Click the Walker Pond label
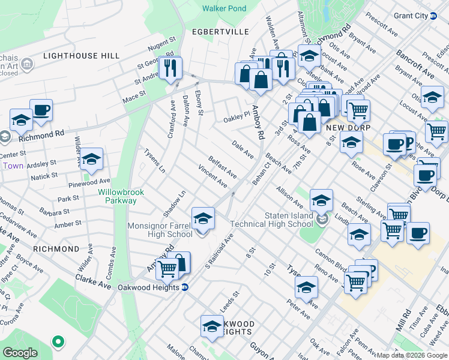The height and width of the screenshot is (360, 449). click(224, 8)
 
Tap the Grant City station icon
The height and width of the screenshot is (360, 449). click(433, 16)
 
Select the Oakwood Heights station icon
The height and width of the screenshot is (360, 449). click(185, 287)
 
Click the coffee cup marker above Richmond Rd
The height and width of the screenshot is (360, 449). click(41, 111)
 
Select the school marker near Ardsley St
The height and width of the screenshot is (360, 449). click(91, 160)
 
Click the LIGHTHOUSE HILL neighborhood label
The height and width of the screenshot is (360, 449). click(82, 56)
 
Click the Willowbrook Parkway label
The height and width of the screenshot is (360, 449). click(118, 197)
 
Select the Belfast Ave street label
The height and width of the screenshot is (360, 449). click(222, 167)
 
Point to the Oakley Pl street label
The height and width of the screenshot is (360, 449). click(236, 115)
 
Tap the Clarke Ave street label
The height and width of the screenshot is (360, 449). click(93, 282)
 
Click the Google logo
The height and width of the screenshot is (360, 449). click(20, 353)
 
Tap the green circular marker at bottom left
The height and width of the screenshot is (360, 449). click(58, 342)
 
